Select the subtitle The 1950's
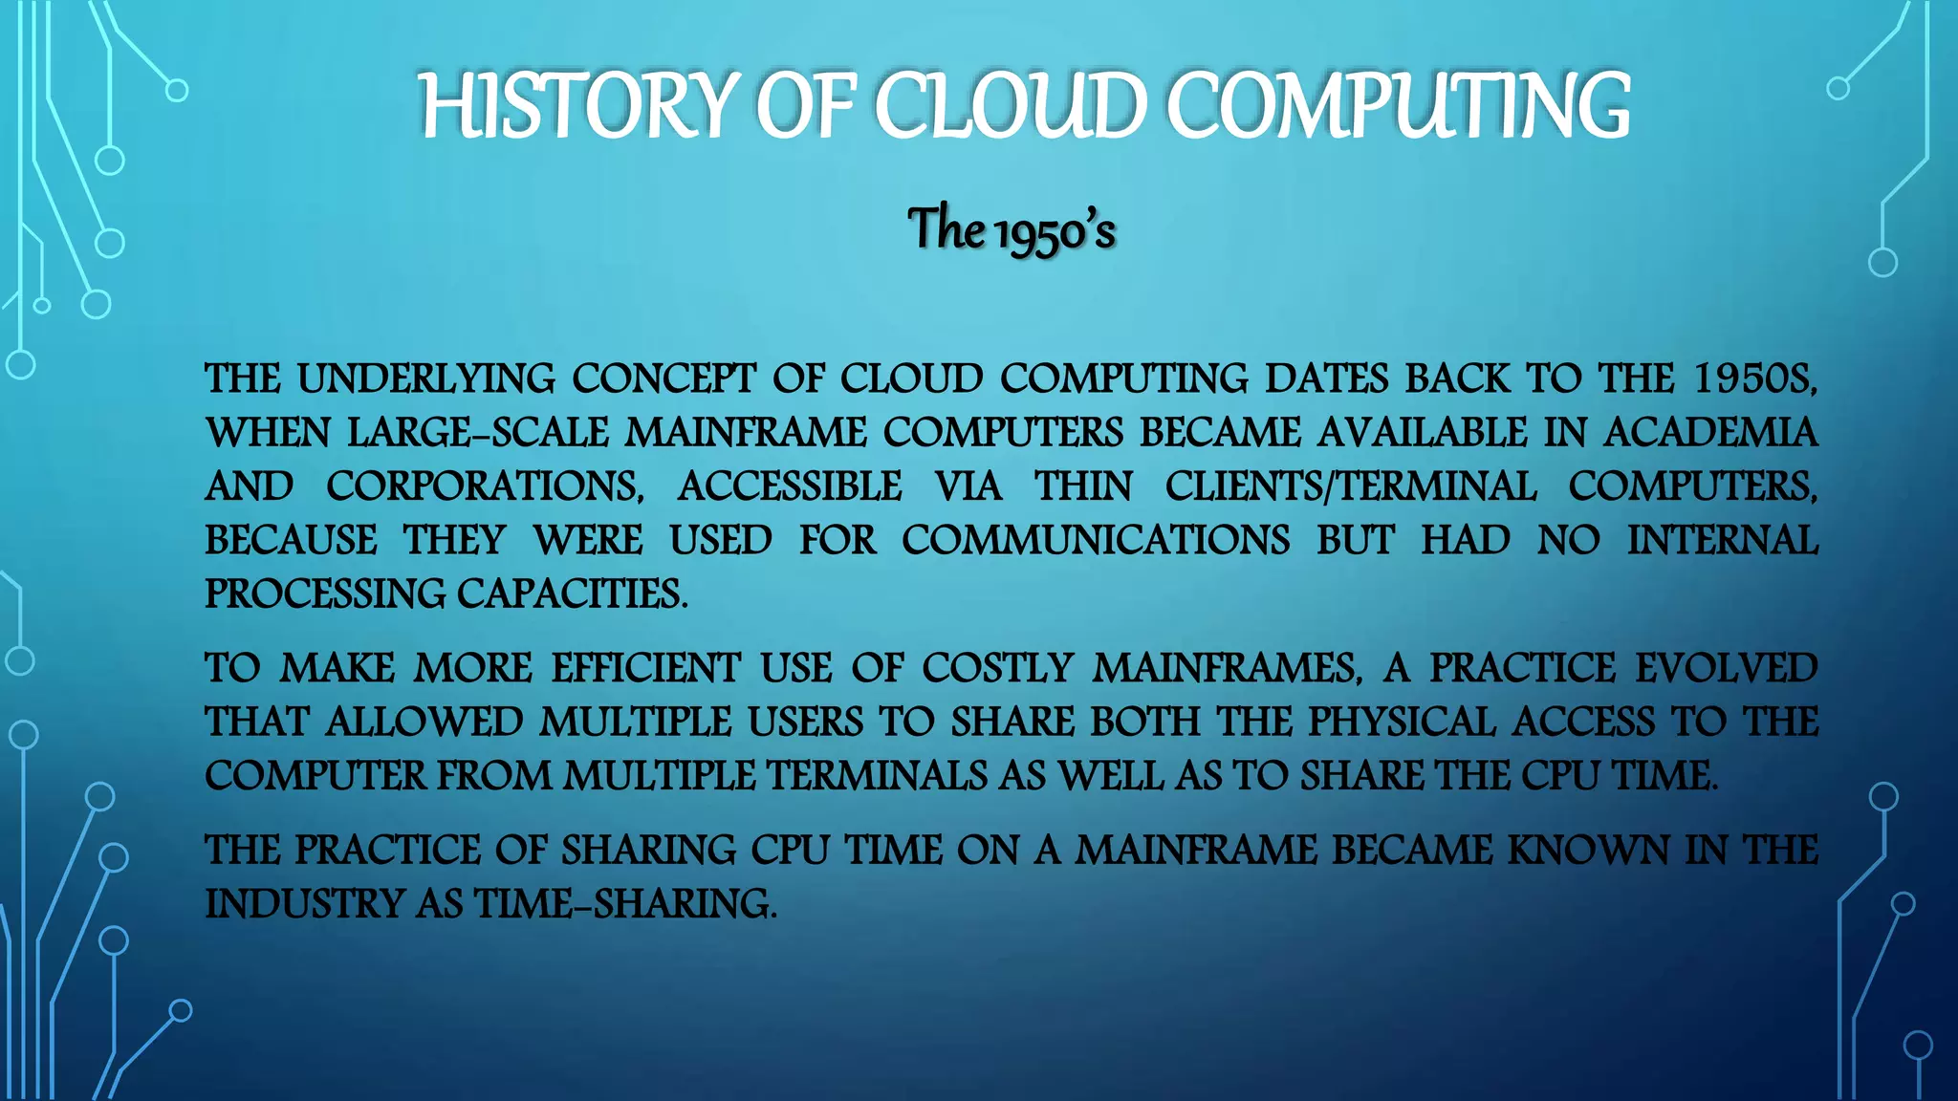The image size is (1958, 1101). (x=1012, y=230)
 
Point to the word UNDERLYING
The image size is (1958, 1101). (x=425, y=379)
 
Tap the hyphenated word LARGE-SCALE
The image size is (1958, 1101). (x=477, y=433)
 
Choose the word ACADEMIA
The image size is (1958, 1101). (x=1710, y=433)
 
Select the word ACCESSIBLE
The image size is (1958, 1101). (x=790, y=486)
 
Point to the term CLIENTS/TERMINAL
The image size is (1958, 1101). (x=1350, y=486)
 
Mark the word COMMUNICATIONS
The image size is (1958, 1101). (x=1096, y=540)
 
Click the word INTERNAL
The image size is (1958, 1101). (x=1723, y=540)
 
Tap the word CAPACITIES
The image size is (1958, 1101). (x=572, y=594)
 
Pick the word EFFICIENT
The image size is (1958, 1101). (x=645, y=668)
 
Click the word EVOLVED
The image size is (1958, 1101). (x=1727, y=668)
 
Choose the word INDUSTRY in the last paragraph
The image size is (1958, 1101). (x=305, y=904)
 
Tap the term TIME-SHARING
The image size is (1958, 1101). (x=626, y=904)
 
